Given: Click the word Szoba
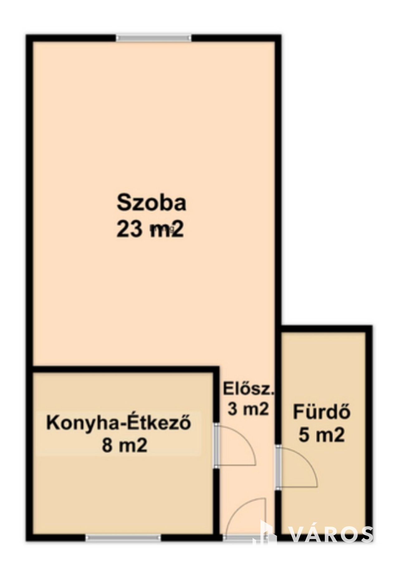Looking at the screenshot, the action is click(151, 203).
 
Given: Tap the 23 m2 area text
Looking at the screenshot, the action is click(150, 231).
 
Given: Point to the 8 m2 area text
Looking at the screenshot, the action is click(124, 446).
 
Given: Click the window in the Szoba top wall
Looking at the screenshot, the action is click(154, 38).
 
